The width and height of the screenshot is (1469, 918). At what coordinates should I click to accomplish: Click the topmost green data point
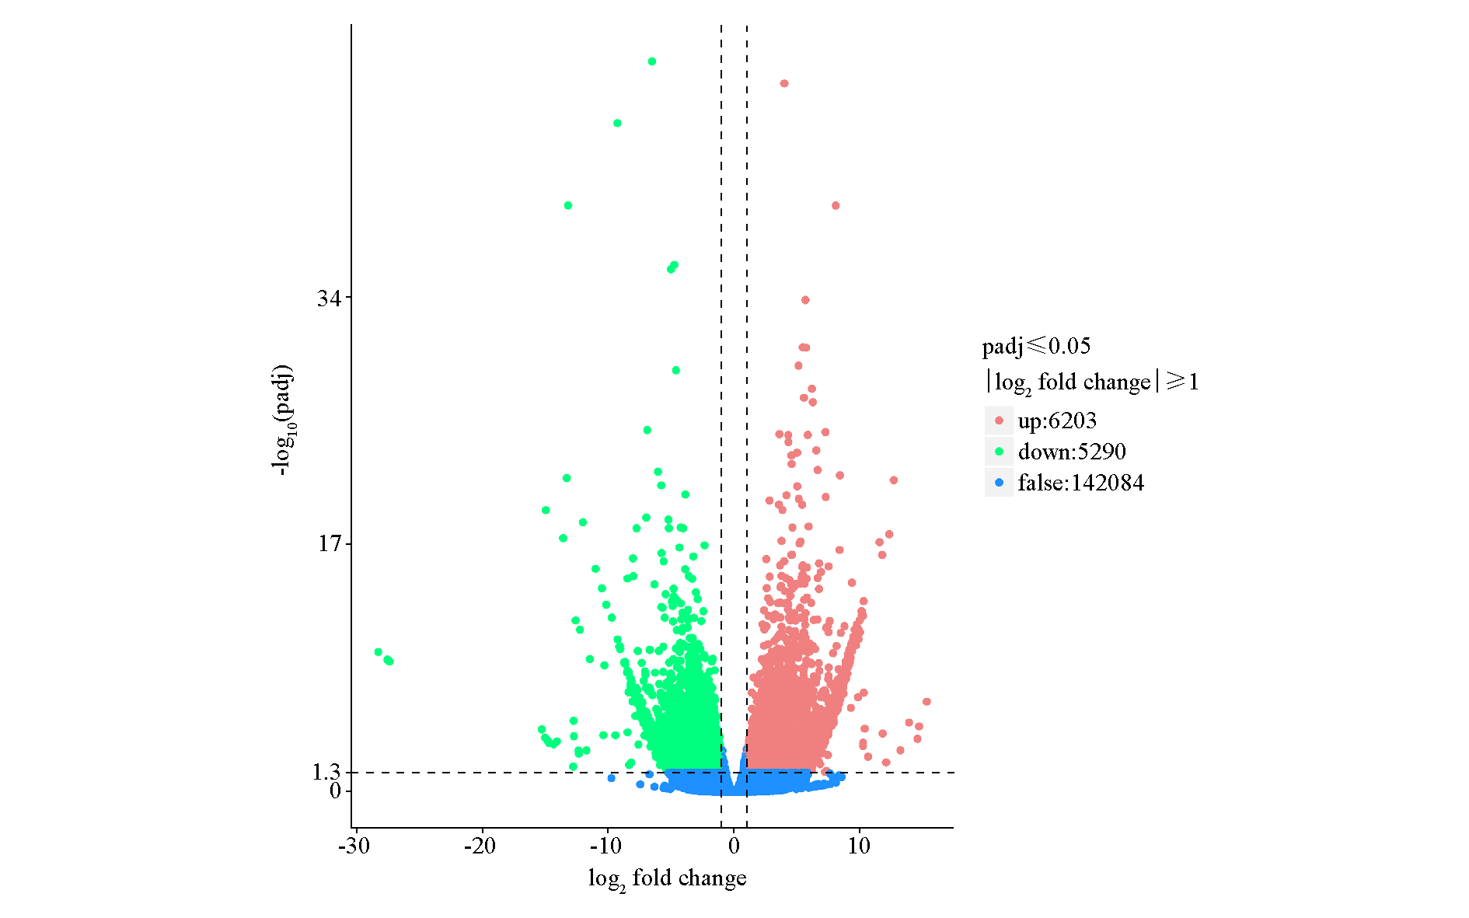coord(652,61)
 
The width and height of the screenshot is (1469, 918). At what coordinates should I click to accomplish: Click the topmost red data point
coord(784,83)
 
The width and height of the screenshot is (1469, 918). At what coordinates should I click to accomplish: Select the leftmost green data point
coord(379,652)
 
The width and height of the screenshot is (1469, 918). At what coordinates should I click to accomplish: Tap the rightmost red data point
coord(926,702)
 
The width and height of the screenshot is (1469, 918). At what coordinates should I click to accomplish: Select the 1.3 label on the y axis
coord(326,772)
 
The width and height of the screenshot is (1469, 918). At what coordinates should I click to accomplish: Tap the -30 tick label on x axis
coord(354,846)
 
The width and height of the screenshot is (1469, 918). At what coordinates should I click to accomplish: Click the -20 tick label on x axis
coord(480,846)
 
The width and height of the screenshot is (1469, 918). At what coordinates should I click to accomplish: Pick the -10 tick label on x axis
coord(605,846)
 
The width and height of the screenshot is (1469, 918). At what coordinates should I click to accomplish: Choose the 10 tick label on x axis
coord(859,846)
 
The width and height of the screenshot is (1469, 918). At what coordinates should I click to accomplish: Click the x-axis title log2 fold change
coord(667,879)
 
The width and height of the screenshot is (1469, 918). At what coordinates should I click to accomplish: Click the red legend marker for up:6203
coord(999,421)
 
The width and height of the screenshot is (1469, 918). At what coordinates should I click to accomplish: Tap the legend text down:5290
coord(1072,452)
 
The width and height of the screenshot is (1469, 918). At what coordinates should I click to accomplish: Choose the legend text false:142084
coord(1080,483)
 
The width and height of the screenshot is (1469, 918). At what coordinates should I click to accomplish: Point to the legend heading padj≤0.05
coord(1036,346)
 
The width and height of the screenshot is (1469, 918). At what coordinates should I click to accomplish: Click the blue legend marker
coord(999,483)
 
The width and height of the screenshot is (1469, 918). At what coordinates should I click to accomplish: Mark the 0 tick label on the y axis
coord(335,791)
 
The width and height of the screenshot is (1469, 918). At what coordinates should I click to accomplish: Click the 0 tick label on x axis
coord(734,846)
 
